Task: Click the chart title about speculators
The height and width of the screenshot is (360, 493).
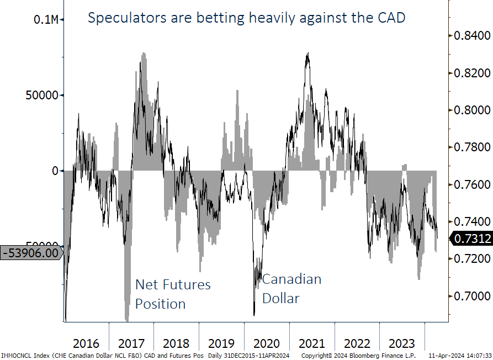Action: tap(247, 18)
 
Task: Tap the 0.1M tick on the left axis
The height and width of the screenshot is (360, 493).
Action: tap(46, 19)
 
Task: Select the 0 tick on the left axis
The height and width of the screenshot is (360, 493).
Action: tap(54, 171)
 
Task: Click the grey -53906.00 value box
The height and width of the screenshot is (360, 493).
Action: tap(31, 253)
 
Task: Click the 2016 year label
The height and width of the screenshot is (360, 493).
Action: tap(87, 343)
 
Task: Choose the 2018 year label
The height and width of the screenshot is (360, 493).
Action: tap(177, 343)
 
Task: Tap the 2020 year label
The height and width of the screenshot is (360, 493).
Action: tap(267, 343)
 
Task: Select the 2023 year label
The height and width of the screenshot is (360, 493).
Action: tap(402, 343)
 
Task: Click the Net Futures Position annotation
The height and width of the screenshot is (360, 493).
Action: tap(173, 294)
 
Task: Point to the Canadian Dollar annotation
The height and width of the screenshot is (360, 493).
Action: tap(291, 288)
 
